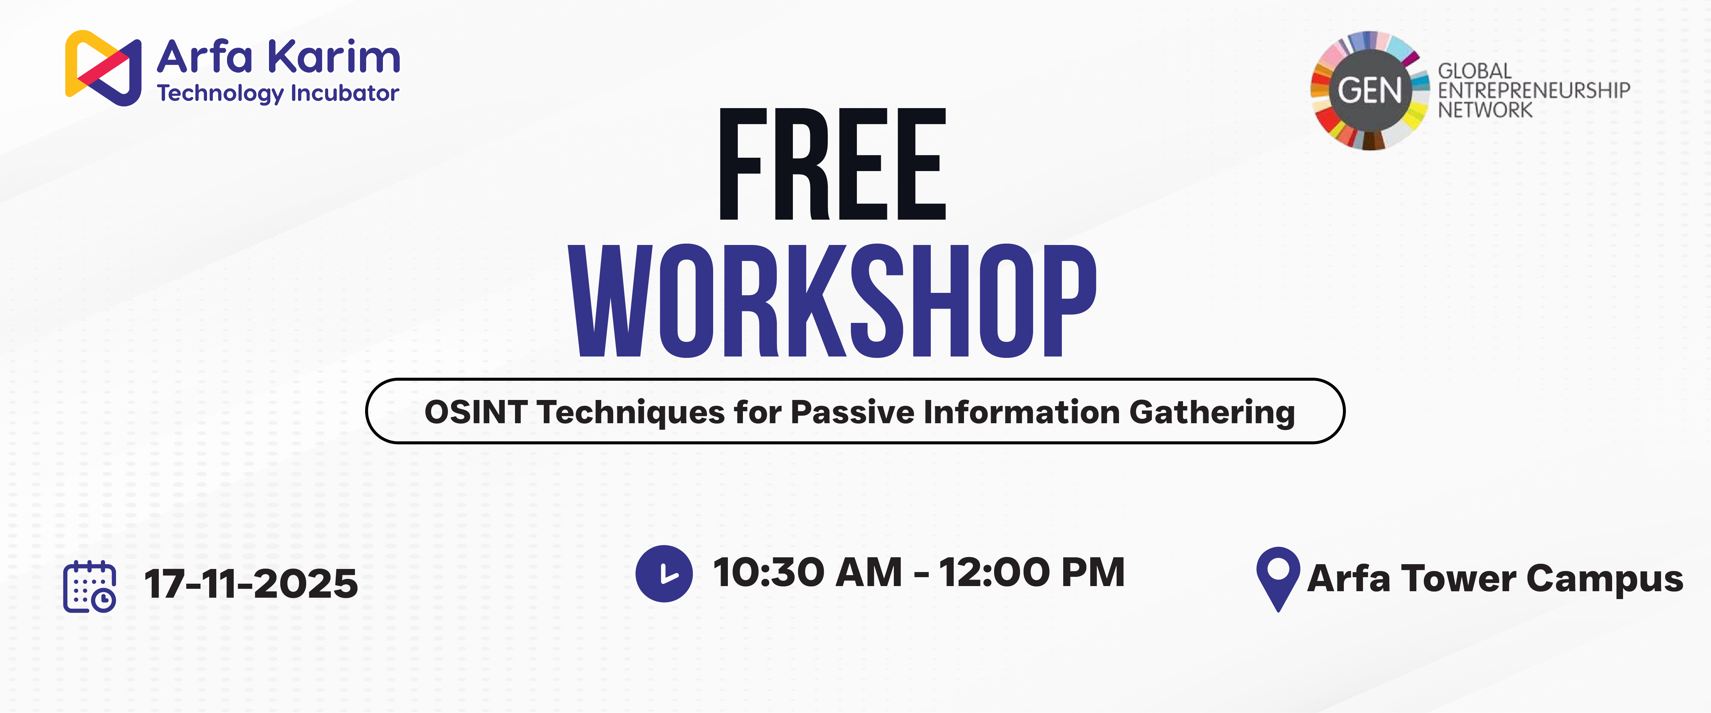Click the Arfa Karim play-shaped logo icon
pyautogui.click(x=103, y=68)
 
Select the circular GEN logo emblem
pyautogui.click(x=1369, y=90)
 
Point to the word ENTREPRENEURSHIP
pyautogui.click(x=1534, y=90)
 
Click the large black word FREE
pyautogui.click(x=833, y=164)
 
